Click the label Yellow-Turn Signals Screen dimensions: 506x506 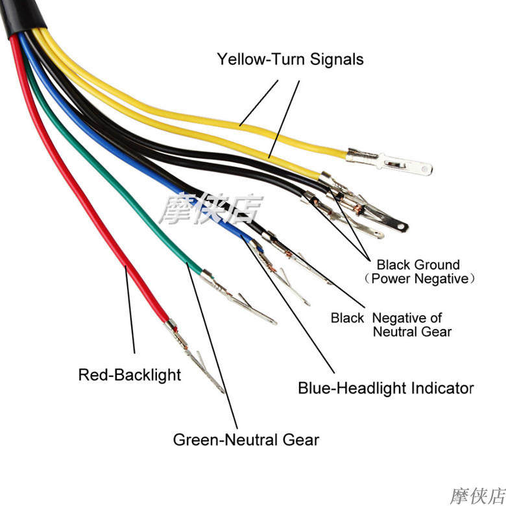290,60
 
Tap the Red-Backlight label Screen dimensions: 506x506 130,375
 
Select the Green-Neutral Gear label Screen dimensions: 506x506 246,440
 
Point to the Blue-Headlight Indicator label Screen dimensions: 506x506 386,389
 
